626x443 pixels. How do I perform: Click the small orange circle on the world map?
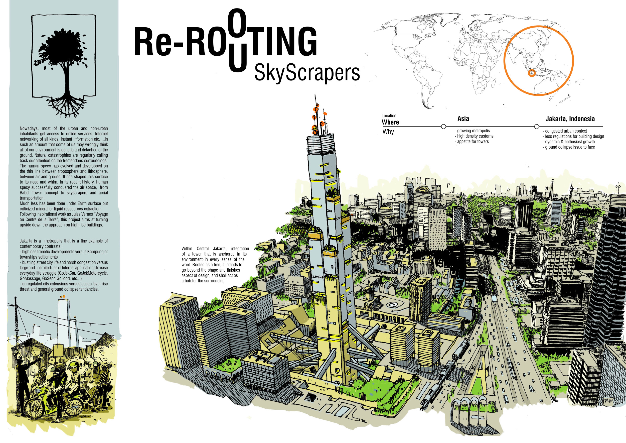pos(532,73)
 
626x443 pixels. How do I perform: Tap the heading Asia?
pos(463,119)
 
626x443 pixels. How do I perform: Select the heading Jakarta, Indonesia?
pos(570,119)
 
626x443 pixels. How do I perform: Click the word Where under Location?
pos(390,122)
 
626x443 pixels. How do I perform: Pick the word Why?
pos(388,132)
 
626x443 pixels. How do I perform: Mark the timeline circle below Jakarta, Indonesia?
pos(537,127)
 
